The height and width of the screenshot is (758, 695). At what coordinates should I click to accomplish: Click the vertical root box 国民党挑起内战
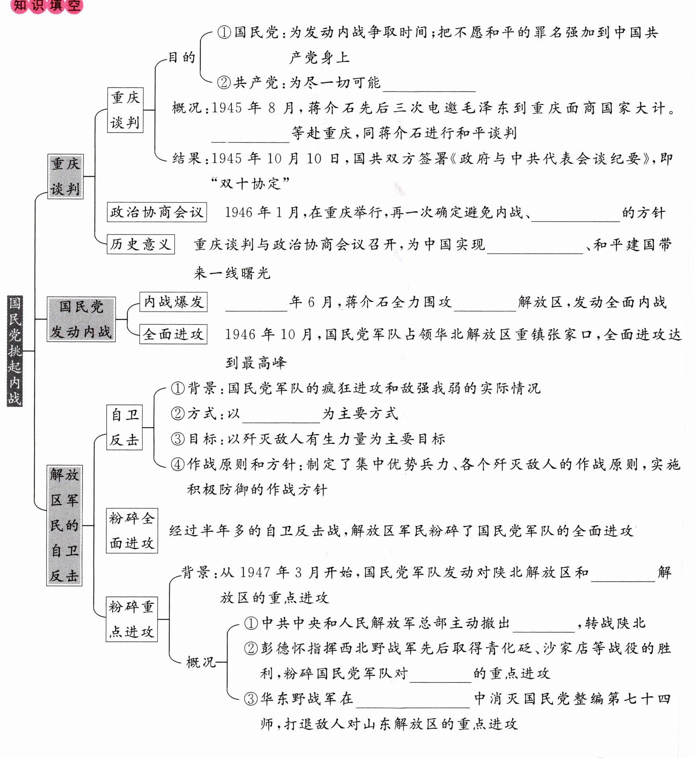[15, 351]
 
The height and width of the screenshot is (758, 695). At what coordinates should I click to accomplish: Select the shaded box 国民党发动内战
[81, 319]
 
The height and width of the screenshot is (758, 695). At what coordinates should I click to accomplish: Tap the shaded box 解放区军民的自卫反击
[64, 525]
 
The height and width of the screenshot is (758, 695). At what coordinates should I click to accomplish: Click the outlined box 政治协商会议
[157, 212]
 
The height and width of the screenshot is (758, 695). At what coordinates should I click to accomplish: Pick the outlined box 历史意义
[141, 244]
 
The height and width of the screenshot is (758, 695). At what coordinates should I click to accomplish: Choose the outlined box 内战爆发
[173, 302]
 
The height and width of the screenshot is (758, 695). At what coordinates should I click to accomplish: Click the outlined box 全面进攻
[173, 334]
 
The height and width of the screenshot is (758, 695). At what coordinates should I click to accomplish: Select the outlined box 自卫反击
[125, 428]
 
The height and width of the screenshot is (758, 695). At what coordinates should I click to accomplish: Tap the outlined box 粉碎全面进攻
[132, 531]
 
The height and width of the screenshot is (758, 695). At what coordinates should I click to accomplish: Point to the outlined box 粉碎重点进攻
[132, 619]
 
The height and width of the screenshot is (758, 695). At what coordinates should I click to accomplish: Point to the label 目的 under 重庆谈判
[182, 58]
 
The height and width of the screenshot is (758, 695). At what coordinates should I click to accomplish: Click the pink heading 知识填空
[47, 6]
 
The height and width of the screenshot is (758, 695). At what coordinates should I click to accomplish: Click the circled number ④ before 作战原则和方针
[178, 464]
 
